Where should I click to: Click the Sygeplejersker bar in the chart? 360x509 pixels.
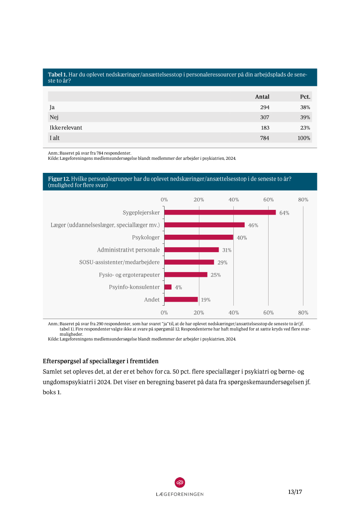pos(220,212)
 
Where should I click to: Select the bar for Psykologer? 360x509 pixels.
pos(199,237)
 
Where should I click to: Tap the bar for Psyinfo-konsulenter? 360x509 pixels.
pos(168,287)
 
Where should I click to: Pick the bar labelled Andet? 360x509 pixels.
pos(181,300)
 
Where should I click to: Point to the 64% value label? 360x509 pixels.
pos(284,213)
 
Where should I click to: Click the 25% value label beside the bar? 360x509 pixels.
pos(215,275)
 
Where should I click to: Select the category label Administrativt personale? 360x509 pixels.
pos(128,250)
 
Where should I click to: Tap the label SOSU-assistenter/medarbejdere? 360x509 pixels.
pos(119,262)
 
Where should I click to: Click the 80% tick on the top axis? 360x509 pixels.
pos(303,199)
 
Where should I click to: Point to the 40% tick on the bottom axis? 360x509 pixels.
pos(234,313)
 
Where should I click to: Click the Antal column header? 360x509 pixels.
pos(262,97)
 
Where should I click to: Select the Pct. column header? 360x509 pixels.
pos(305,97)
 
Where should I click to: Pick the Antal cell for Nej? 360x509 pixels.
pos(265,118)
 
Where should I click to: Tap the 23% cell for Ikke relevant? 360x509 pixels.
pos(305,128)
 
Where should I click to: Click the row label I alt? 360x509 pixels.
pos(54,138)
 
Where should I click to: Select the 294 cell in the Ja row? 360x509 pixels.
pos(265,107)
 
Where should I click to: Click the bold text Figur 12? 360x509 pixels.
pos(59,179)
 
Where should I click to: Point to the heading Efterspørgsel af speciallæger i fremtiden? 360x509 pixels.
pos(101,361)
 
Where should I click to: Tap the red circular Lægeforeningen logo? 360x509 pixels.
pos(180,482)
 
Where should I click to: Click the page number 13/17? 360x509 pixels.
pos(295,492)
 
